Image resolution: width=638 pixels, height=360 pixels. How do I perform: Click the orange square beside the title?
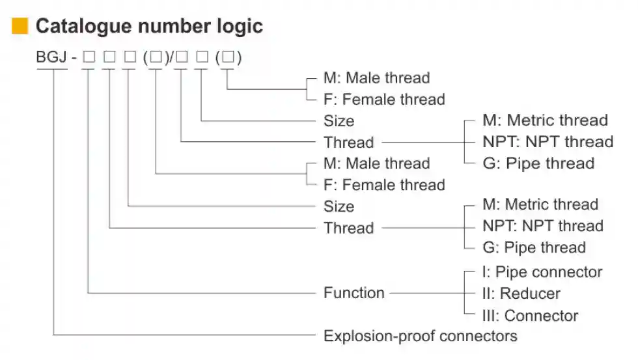click(x=20, y=27)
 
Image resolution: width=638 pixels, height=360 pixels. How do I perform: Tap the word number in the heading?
click(x=171, y=27)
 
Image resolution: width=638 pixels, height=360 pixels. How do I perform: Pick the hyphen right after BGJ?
click(x=74, y=58)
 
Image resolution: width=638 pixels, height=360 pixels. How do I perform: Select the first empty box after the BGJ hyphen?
click(x=89, y=58)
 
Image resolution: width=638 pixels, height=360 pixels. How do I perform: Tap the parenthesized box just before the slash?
click(x=156, y=58)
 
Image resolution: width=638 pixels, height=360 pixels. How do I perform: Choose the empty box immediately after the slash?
click(x=182, y=58)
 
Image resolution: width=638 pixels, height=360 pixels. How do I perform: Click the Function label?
click(x=354, y=293)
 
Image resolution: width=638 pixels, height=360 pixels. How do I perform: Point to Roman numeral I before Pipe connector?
click(x=485, y=272)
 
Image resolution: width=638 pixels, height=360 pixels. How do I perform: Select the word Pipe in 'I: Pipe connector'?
click(x=509, y=272)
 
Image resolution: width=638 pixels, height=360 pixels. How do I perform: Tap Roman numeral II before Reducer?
click(x=487, y=294)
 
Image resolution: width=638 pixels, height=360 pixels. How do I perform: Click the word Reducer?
click(x=531, y=294)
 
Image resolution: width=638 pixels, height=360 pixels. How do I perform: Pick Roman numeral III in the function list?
click(x=490, y=316)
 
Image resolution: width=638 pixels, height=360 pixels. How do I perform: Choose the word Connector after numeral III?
click(x=541, y=316)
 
